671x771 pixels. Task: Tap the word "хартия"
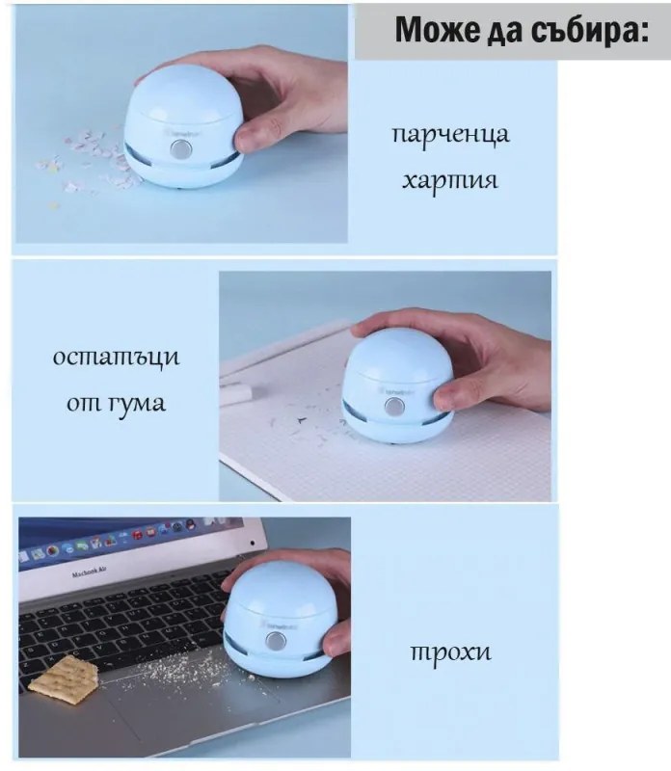(450, 179)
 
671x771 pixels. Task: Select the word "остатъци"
(116, 358)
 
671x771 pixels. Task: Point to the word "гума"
(134, 402)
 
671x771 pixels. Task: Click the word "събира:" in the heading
(595, 30)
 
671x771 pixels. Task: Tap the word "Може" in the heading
(431, 30)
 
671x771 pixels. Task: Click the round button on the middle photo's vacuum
(394, 407)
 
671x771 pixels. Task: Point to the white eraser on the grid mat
(238, 390)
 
